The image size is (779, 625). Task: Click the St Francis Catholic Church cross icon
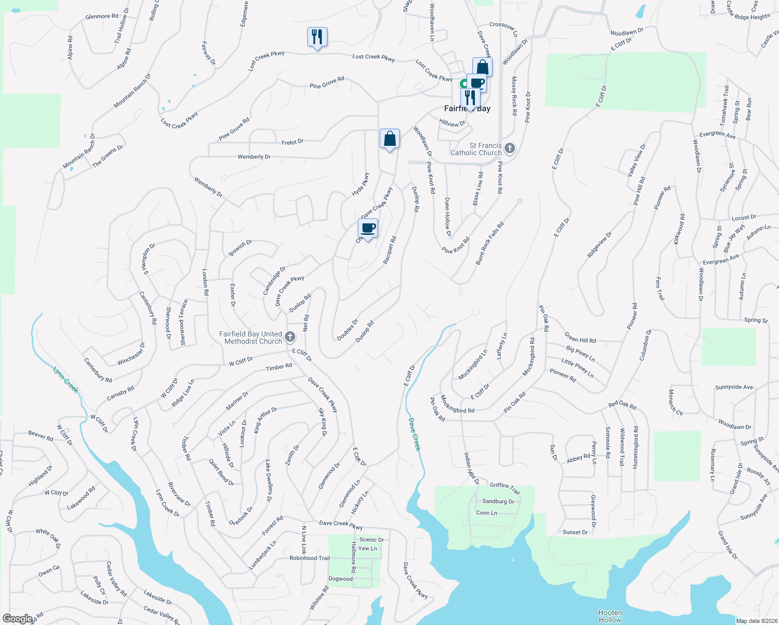[510, 149]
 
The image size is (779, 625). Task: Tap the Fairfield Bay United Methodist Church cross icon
[290, 337]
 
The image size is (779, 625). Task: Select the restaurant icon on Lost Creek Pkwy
[317, 37]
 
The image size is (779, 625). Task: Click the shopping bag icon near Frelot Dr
[389, 139]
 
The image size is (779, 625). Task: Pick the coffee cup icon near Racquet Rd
[368, 228]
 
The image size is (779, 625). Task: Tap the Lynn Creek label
[66, 379]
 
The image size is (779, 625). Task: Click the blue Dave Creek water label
[414, 434]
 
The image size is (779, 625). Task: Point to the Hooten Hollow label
[610, 616]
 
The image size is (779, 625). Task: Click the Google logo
[17, 618]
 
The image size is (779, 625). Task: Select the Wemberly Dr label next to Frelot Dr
[254, 157]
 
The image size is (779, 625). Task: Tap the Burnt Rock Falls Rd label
[489, 243]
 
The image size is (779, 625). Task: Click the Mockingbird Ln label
[473, 364]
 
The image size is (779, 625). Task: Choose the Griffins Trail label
[505, 488]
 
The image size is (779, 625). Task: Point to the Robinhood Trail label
[310, 558]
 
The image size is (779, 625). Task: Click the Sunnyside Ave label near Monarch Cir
[734, 387]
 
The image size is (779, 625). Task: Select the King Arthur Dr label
[265, 420]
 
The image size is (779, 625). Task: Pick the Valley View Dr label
[636, 159]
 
